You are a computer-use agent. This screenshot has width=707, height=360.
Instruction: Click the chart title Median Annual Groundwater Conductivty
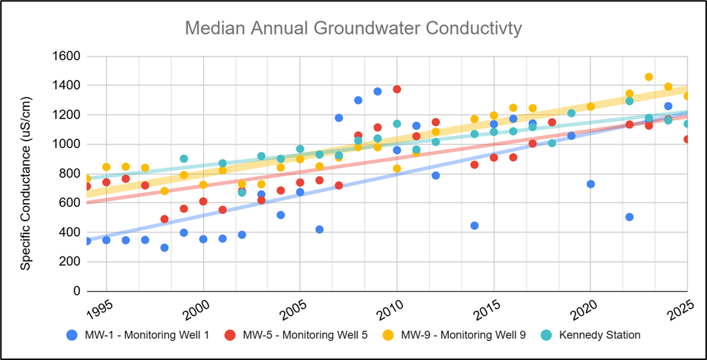(353, 29)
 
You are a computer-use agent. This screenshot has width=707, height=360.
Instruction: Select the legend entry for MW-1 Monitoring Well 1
(139, 335)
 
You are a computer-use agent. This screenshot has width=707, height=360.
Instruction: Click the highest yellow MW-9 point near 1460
(648, 77)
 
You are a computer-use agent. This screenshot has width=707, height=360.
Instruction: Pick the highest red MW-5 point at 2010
(397, 89)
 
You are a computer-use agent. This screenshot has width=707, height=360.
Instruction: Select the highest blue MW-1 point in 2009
(378, 92)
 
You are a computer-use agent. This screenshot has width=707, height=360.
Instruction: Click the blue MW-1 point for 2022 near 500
(629, 217)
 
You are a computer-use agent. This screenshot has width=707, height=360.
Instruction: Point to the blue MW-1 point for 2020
(590, 184)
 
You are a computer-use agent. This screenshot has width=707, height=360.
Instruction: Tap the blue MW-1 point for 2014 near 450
(475, 226)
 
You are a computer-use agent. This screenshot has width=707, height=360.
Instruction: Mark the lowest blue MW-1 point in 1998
(164, 248)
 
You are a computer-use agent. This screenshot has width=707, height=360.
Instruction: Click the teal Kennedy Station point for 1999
(183, 159)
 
